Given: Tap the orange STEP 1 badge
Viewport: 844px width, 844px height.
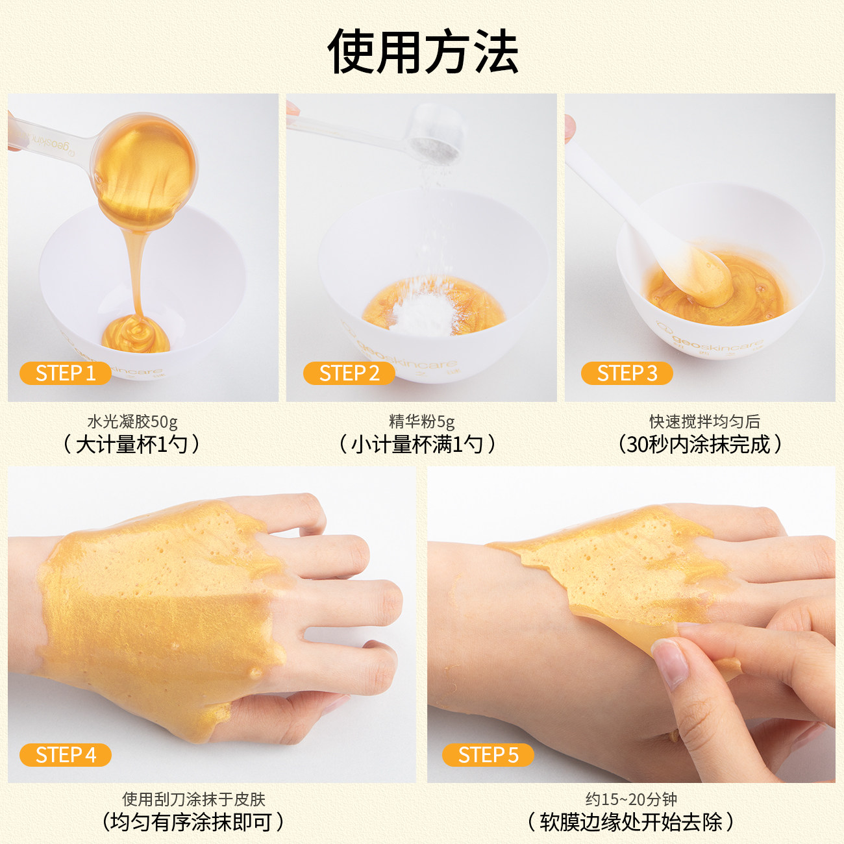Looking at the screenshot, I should click(x=65, y=373).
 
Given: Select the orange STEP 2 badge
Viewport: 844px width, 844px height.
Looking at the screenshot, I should click(x=349, y=373).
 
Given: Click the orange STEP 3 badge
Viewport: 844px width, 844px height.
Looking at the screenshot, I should click(x=627, y=373).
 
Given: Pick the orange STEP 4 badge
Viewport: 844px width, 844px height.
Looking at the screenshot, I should click(x=65, y=755).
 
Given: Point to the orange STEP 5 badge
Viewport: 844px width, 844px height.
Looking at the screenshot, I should click(x=488, y=755).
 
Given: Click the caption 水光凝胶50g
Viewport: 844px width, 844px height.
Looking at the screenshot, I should click(x=132, y=422).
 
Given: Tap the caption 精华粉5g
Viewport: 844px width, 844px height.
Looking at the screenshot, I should click(x=421, y=422).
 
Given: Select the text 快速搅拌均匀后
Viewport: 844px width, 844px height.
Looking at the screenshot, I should click(x=704, y=422).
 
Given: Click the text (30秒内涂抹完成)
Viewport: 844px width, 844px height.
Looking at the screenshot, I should click(x=699, y=445).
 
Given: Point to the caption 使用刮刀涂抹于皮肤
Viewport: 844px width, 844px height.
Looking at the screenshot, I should click(x=193, y=799).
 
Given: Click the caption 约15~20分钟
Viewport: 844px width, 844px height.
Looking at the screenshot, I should click(x=631, y=799).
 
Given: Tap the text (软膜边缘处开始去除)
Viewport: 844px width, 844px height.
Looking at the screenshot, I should click(x=630, y=822).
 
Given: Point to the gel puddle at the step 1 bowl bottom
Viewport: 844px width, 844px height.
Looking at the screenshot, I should click(x=136, y=334).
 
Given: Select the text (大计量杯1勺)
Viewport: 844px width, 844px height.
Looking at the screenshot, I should click(x=132, y=445).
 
